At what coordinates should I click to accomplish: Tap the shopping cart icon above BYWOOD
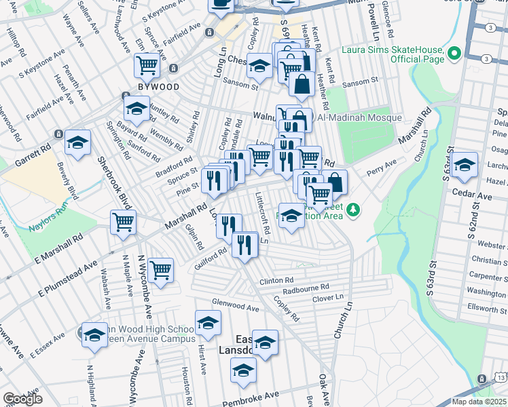point(147,66)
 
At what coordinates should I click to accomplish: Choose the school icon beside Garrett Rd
point(77,143)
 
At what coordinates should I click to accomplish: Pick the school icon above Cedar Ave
point(465,166)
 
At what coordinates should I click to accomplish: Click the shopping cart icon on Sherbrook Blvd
point(124,222)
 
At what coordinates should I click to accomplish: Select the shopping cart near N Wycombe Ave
point(161,270)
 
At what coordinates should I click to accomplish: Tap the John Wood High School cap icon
point(94,335)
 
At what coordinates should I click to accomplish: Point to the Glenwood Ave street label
point(236,307)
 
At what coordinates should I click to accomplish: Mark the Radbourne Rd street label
point(306,287)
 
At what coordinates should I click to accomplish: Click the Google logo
point(22,398)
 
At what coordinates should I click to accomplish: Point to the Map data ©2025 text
point(479,402)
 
